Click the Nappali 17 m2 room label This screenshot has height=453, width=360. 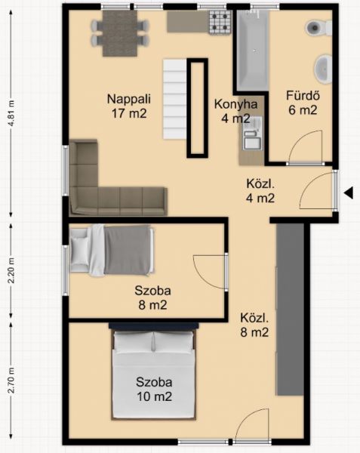(x=129, y=106)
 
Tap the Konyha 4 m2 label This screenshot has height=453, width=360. (x=236, y=111)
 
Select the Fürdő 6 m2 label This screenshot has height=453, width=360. (x=303, y=103)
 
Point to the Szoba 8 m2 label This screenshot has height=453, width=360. (x=152, y=297)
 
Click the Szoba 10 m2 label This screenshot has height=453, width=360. (x=154, y=389)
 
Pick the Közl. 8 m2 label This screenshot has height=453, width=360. (x=254, y=325)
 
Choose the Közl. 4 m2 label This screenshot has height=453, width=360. (x=260, y=191)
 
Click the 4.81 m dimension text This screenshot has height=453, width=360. (x=11, y=113)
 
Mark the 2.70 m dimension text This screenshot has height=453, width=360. (x=11, y=381)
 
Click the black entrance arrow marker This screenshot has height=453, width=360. (x=349, y=193)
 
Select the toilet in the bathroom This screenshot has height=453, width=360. (x=318, y=28)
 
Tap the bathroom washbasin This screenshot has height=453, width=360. (x=323, y=69)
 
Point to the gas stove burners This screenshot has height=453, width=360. (x=220, y=22)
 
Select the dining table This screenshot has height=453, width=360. (x=120, y=33)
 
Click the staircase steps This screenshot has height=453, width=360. (x=174, y=99)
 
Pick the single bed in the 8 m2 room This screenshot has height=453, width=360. (x=112, y=250)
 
